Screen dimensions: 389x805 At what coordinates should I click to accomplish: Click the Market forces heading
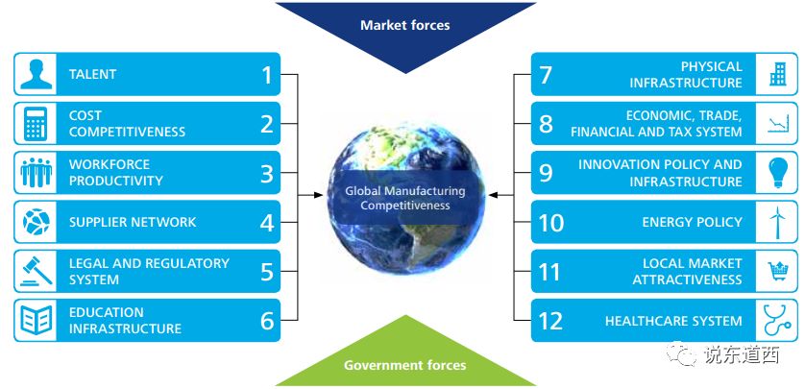tap(404, 25)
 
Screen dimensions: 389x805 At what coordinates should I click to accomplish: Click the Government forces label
tap(404, 365)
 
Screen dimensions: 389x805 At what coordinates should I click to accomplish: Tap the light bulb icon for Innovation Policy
tap(776, 173)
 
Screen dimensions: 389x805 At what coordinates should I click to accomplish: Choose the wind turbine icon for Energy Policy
tap(776, 223)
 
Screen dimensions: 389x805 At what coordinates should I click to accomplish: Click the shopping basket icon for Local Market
tap(776, 272)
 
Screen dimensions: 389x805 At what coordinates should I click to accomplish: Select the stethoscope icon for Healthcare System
tap(776, 319)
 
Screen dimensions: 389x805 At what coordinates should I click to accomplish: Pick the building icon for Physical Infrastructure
tap(776, 74)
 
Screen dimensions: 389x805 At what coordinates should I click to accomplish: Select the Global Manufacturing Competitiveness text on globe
tap(404, 199)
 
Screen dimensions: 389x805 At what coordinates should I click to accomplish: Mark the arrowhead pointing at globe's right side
tap(492, 195)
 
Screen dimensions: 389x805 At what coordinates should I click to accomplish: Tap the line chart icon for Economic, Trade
tap(776, 124)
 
